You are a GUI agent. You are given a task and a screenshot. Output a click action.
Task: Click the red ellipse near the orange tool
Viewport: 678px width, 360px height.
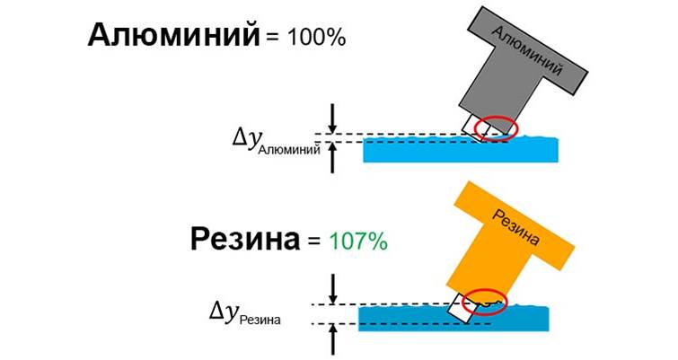(485, 300)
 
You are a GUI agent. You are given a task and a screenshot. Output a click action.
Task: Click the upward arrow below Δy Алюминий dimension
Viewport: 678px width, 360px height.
(333, 158)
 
